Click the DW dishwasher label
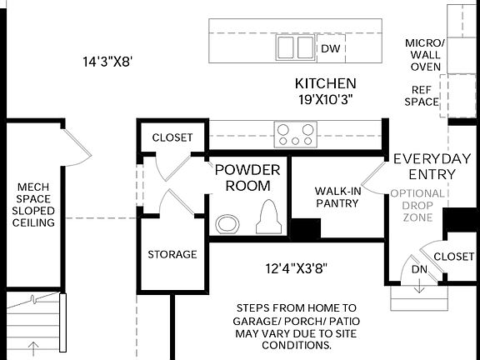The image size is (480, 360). point(330,48)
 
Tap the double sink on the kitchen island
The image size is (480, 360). point(295,47)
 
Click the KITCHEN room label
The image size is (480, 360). point(326,83)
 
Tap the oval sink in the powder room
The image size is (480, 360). point(227,223)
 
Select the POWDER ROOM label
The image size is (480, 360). point(242,177)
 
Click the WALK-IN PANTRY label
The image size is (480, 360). point(337,197)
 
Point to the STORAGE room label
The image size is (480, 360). point(172,254)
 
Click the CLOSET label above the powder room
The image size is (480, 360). point(172,137)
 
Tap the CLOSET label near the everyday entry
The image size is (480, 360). point(454,257)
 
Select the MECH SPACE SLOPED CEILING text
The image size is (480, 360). point(32,205)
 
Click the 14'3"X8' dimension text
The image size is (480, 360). point(108,61)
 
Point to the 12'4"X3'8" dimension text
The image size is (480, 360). point(294,269)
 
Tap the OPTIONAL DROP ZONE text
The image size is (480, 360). point(418,205)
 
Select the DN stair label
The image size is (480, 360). point(418,271)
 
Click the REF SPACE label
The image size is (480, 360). point(422,96)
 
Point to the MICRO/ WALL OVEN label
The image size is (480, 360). point(425,55)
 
